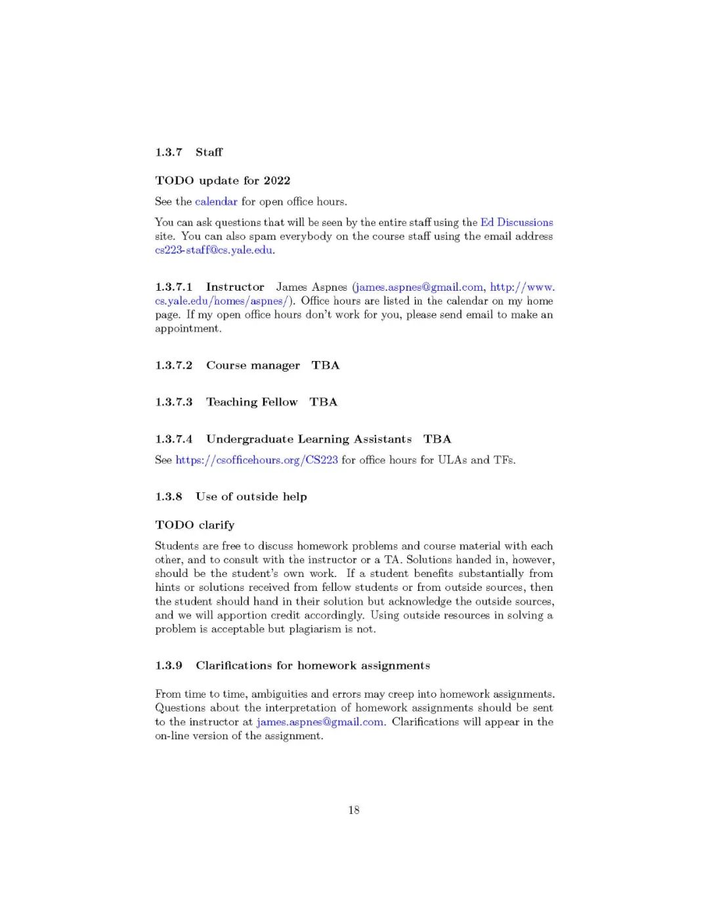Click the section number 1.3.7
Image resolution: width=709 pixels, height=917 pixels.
169,152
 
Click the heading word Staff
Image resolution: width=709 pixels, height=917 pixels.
209,152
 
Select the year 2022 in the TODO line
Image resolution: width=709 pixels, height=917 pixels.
276,181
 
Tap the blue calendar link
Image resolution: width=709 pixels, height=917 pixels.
216,202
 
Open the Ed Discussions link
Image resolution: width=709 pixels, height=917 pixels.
517,223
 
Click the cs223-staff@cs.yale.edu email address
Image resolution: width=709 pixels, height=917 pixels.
214,250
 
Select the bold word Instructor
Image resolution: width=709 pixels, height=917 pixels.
235,287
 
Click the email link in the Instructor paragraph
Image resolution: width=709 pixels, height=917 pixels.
419,287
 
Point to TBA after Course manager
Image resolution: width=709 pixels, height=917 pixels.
326,366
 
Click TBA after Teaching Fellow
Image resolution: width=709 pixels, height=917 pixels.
324,402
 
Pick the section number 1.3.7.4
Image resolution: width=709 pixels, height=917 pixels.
174,439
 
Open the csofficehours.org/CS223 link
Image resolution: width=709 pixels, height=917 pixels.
257,460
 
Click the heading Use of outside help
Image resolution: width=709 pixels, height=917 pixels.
251,497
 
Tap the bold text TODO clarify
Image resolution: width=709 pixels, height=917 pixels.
195,525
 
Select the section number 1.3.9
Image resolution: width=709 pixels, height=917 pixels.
169,666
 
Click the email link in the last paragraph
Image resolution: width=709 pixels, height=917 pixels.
320,722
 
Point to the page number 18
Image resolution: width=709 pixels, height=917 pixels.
354,810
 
